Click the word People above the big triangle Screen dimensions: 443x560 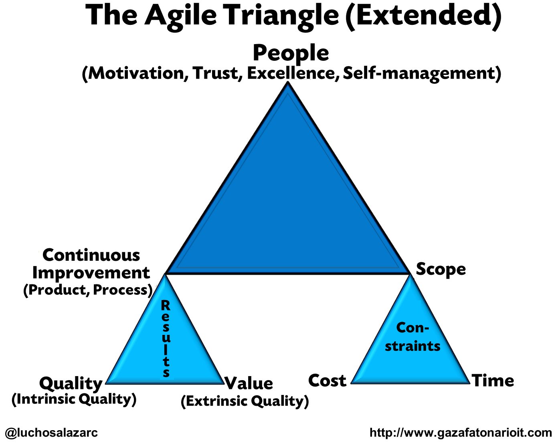point(291,53)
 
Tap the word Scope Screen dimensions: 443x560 point(441,269)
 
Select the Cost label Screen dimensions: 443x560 point(327,381)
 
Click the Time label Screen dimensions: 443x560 point(493,381)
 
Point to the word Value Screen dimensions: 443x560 point(249,383)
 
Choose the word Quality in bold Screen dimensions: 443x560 point(71,383)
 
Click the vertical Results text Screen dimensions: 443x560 point(166,339)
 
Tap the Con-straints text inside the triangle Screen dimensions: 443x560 point(412,337)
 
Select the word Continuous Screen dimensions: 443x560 point(91,255)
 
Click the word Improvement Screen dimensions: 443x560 point(91,273)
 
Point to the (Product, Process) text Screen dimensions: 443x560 point(88,290)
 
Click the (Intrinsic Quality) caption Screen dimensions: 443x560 point(74,399)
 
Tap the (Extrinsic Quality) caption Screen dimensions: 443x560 point(245,401)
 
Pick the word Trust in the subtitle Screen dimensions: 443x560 point(216,73)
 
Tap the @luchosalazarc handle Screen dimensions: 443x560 point(51,433)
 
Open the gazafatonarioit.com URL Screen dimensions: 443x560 point(461,433)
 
